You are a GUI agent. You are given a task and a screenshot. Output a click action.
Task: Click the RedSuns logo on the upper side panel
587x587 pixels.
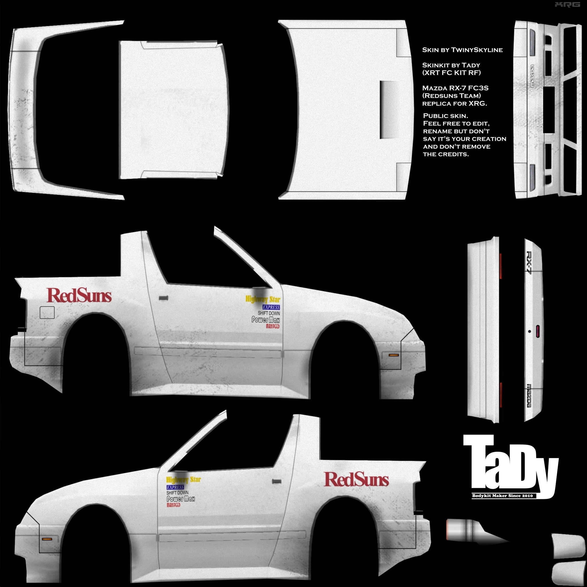coord(79,295)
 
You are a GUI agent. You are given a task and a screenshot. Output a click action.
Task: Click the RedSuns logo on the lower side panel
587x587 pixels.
coord(356,479)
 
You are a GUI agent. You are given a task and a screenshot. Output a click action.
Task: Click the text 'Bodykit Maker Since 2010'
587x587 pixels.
coord(502,496)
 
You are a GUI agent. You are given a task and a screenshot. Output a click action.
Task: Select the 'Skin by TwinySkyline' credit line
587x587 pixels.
coord(462,50)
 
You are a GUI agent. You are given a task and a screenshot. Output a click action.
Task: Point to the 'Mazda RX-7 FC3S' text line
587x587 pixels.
coord(455,88)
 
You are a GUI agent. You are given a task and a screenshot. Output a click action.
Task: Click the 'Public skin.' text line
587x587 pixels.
coord(445,116)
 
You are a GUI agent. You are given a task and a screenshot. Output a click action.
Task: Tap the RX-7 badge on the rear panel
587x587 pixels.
coord(529,263)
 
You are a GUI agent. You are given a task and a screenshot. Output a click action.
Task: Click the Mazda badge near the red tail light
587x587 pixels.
coord(529,395)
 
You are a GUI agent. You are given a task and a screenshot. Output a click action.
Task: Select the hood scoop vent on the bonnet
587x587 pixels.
coord(389,110)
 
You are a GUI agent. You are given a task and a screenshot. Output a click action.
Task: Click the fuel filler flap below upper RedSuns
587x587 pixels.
coord(47,312)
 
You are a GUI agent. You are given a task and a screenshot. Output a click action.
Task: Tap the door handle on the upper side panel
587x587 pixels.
coord(163,298)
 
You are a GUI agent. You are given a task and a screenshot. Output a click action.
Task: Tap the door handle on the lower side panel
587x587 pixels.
coord(277,481)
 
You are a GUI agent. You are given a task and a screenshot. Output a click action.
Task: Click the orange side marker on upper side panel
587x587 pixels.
coord(394,355)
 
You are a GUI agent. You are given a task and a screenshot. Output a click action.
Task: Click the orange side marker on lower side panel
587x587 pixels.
coord(47,539)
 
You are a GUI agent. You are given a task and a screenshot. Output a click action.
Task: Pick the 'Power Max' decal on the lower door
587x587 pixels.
coord(181,499)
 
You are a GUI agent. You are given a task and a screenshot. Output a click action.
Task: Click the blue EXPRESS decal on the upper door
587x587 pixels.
coord(271,307)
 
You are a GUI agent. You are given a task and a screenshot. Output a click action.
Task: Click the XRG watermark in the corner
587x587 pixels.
coord(567,5)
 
